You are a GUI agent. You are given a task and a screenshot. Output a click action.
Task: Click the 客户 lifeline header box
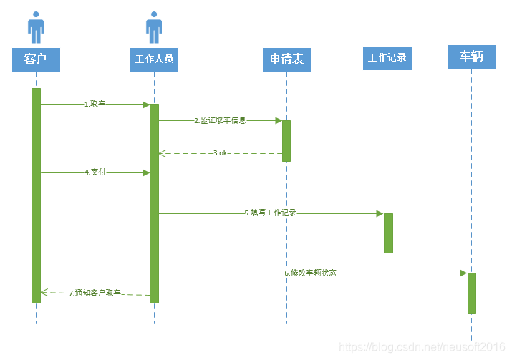(x=36, y=59)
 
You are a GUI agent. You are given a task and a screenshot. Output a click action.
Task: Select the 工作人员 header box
(x=154, y=59)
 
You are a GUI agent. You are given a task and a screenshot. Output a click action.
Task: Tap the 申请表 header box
(x=286, y=59)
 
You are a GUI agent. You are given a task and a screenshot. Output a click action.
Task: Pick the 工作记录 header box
(x=387, y=57)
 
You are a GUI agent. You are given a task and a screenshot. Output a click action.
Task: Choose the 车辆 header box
(x=471, y=56)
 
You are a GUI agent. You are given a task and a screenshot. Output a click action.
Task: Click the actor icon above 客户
(x=36, y=27)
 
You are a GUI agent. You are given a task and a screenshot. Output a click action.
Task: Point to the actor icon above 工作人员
(x=154, y=27)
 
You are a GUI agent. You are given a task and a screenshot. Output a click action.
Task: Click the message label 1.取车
(x=95, y=104)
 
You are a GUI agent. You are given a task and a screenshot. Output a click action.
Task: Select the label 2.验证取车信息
(x=220, y=120)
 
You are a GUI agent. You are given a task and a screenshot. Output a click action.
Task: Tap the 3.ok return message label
(x=220, y=153)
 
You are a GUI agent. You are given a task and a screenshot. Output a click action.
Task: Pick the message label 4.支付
(x=95, y=172)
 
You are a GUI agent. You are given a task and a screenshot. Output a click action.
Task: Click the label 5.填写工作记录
(x=270, y=213)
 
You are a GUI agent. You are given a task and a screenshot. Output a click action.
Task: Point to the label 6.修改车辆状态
(x=310, y=273)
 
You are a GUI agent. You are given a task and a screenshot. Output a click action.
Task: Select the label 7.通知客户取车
(x=95, y=293)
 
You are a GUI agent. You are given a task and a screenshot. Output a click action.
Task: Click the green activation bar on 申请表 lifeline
(x=286, y=140)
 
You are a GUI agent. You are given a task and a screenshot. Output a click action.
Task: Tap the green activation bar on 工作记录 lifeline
(x=388, y=233)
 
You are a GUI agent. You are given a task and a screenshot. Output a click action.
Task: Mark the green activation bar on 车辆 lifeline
(x=472, y=293)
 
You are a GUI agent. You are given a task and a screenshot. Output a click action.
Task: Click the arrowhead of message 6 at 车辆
(x=463, y=273)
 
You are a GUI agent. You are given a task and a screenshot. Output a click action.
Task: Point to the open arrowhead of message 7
(x=44, y=292)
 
